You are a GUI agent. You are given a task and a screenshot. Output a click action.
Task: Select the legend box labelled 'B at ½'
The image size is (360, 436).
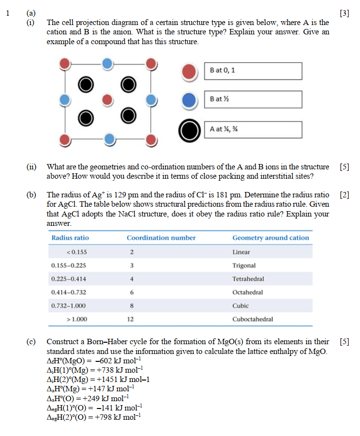[x=253, y=100]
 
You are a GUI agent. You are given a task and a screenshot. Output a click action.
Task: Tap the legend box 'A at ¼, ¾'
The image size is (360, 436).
[x=253, y=130]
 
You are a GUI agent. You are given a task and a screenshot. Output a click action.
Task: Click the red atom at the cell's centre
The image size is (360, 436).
[x=107, y=101]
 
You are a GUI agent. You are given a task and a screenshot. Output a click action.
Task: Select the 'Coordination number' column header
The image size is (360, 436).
[x=161, y=238]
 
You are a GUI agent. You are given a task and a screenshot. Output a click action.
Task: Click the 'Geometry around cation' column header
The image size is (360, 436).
[x=271, y=238]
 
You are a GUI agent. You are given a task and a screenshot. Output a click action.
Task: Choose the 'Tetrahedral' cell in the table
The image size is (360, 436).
[x=248, y=279]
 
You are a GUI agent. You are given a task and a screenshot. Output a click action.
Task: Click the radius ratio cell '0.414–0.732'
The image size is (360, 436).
[x=69, y=292]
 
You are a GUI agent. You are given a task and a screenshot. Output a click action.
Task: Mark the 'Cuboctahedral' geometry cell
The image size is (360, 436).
[x=253, y=319]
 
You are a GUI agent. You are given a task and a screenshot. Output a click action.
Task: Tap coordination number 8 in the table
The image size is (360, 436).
[x=131, y=305]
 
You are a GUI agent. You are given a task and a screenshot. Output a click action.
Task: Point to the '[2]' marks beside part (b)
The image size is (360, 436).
[x=344, y=194]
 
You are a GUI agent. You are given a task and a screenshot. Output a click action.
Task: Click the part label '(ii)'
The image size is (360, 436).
[x=31, y=167]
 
